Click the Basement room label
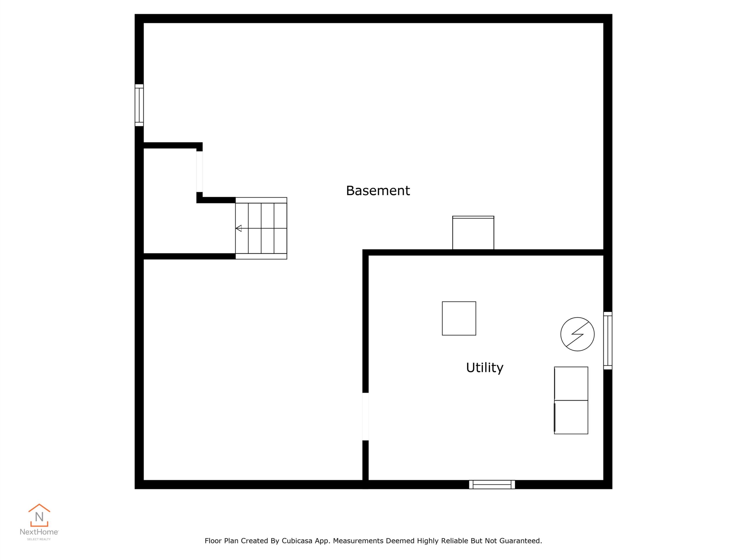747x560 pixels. click(378, 191)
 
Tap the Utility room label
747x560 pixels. click(485, 367)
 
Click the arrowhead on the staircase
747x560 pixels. click(239, 229)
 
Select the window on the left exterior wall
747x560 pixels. click(139, 105)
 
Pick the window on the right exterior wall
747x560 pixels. click(608, 341)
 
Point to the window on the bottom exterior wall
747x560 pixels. click(492, 484)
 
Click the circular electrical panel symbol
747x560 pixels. click(577, 334)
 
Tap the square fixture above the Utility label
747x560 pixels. click(459, 318)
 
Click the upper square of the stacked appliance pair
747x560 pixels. click(571, 384)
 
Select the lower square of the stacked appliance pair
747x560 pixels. click(571, 417)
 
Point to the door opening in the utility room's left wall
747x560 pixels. click(365, 416)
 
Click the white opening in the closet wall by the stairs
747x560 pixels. click(200, 172)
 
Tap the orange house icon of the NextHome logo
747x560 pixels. click(39, 515)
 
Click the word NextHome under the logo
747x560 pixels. click(39, 532)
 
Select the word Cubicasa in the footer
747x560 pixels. click(297, 541)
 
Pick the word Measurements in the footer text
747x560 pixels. click(358, 541)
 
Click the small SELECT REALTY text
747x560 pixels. click(39, 539)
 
